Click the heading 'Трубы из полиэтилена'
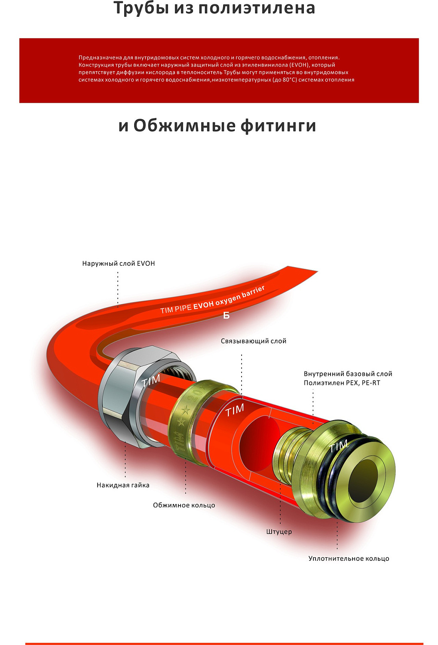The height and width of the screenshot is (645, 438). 214,9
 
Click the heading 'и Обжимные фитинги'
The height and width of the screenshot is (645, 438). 217,126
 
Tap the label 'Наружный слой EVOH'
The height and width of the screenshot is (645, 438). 118,264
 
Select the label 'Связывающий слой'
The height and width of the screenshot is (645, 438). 253,341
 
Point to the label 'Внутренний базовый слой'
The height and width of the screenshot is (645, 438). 348,374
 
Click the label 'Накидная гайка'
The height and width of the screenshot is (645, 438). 123,485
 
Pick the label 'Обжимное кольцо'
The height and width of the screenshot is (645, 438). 184,505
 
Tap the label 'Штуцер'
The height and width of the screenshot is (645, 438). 279,532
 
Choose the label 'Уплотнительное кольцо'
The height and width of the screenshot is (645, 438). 349,559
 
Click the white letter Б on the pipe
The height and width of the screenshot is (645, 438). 226,316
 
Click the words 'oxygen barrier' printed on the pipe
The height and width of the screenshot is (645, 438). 240,295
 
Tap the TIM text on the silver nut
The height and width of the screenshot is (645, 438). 151,381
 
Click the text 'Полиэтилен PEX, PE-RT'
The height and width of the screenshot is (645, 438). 342,383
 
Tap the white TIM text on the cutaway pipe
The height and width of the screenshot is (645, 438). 235,410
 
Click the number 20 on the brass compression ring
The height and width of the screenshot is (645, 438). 197,393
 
